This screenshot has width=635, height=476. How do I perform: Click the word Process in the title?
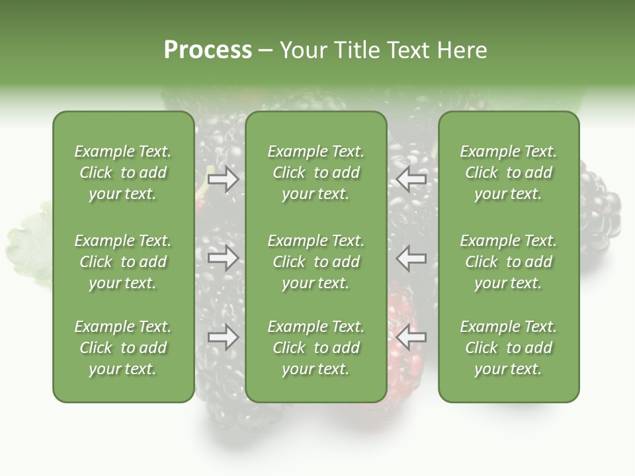pyautogui.click(x=208, y=50)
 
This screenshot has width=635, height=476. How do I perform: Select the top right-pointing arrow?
pyautogui.click(x=223, y=178)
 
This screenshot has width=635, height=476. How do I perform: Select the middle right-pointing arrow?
pyautogui.click(x=223, y=258)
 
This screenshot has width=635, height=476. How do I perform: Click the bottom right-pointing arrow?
pyautogui.click(x=223, y=338)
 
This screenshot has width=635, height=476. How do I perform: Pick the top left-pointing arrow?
pyautogui.click(x=411, y=178)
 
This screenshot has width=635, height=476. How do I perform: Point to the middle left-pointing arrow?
pyautogui.click(x=411, y=258)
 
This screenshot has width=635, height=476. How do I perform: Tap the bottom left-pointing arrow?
pyautogui.click(x=411, y=338)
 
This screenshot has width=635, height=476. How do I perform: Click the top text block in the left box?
pyautogui.click(x=123, y=173)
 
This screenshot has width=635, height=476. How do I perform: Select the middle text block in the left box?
pyautogui.click(x=123, y=262)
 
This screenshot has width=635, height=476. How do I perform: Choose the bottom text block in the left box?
pyautogui.click(x=123, y=348)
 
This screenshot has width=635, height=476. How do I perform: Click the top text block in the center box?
pyautogui.click(x=316, y=173)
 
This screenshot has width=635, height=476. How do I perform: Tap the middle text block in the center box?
pyautogui.click(x=316, y=262)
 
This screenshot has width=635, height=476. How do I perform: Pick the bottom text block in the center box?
pyautogui.click(x=316, y=348)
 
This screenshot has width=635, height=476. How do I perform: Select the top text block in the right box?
pyautogui.click(x=508, y=173)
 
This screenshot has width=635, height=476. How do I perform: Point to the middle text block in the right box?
pyautogui.click(x=508, y=262)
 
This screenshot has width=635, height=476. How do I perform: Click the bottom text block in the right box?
pyautogui.click(x=508, y=348)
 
